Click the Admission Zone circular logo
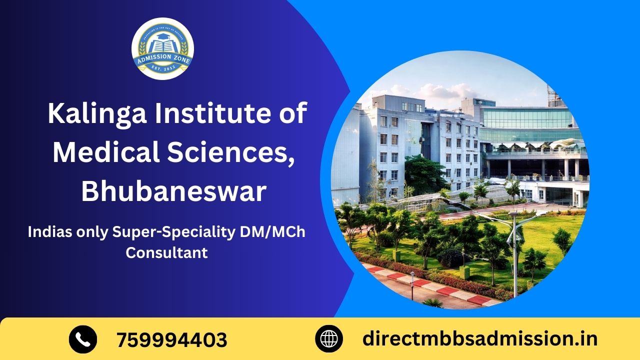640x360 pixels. (x=162, y=48)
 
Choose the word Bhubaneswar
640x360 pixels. (x=173, y=191)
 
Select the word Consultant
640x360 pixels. (x=166, y=252)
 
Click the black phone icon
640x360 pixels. (x=83, y=339)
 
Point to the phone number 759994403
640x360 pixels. (x=172, y=340)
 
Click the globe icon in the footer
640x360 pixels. (x=329, y=339)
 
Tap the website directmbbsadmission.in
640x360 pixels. (x=479, y=339)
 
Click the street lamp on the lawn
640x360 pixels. (x=514, y=250)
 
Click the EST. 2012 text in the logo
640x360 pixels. (x=162, y=70)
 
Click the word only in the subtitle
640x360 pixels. (x=96, y=232)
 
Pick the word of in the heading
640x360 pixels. (x=290, y=114)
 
